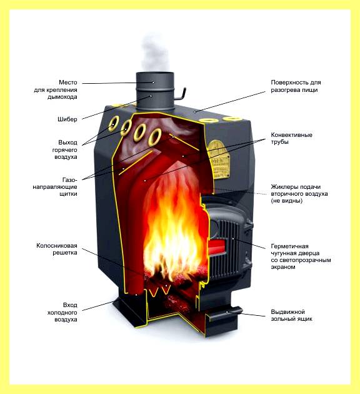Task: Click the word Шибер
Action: point(67,119)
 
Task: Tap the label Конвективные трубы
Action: point(291,138)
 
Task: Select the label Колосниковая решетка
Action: point(57,249)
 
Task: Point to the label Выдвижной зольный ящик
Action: point(291,315)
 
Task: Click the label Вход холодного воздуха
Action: point(62,312)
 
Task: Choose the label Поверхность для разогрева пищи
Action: point(296,86)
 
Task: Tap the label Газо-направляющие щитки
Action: point(55,187)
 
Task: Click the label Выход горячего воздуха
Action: point(65,149)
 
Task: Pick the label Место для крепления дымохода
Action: point(56,89)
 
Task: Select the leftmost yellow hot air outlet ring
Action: point(113,123)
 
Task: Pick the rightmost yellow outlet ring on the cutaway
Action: point(154,137)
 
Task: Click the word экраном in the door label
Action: point(283,267)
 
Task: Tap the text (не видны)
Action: point(286,201)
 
